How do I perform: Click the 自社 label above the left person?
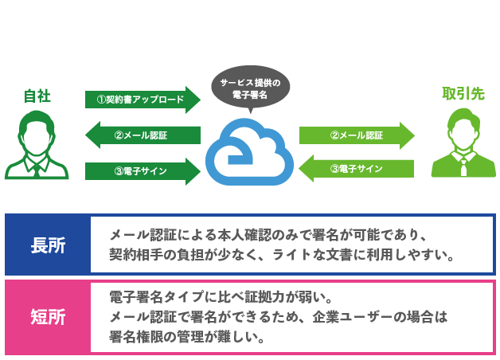click(37, 96)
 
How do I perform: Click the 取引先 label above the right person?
click(463, 94)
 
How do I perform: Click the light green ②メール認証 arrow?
click(357, 135)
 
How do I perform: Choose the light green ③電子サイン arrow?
click(357, 169)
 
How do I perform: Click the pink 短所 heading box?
click(48, 317)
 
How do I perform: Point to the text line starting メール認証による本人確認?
click(270, 236)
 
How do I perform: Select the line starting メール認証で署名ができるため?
click(279, 317)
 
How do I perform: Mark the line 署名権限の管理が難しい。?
click(187, 337)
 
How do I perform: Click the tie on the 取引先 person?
click(463, 164)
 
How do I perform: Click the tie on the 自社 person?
click(37, 165)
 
